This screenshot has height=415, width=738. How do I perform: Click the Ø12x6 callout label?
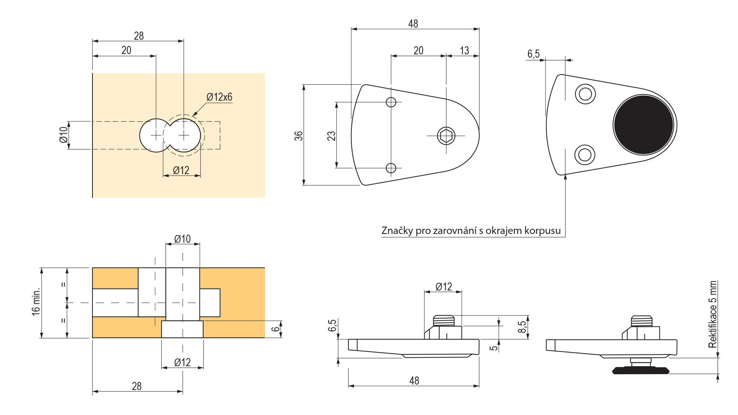click(x=219, y=97)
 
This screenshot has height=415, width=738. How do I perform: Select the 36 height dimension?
click(x=299, y=136)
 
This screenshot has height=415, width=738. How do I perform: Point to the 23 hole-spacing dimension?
click(x=331, y=136)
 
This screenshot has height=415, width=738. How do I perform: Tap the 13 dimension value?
click(x=464, y=51)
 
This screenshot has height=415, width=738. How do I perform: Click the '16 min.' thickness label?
click(x=36, y=302)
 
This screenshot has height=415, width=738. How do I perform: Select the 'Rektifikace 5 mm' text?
click(x=713, y=314)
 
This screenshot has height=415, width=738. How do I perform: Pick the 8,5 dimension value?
click(x=522, y=327)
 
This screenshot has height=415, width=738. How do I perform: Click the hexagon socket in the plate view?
click(x=446, y=136)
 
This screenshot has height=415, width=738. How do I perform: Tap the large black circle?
click(x=644, y=125)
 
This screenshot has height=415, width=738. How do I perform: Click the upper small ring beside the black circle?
click(x=585, y=94)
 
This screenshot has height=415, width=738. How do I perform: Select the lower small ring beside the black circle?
click(x=585, y=155)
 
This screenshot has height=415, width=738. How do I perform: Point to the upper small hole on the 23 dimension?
click(x=391, y=102)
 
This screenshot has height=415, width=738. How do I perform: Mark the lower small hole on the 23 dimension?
click(x=391, y=168)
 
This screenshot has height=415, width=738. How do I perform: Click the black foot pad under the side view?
click(x=641, y=371)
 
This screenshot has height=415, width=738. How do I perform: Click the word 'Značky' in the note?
click(x=397, y=231)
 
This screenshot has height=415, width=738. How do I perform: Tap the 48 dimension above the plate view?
click(x=413, y=24)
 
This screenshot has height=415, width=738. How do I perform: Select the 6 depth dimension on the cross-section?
click(x=275, y=329)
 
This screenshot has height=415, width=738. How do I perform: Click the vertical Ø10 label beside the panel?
click(x=64, y=135)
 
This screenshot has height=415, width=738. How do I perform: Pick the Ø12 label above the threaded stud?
click(x=444, y=287)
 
